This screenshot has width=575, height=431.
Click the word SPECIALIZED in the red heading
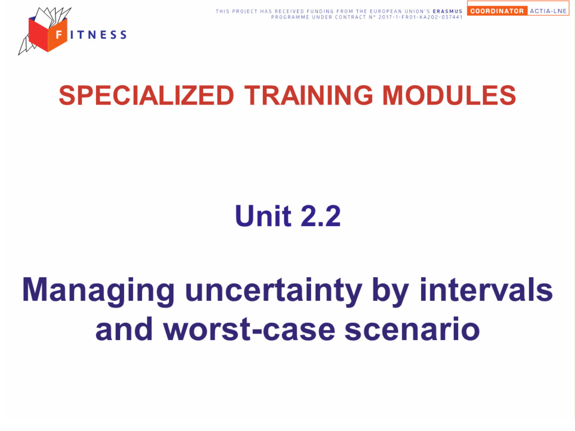146,95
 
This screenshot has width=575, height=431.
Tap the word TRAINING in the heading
308,95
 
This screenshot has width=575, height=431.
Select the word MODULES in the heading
449,95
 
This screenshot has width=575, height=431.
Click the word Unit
263,215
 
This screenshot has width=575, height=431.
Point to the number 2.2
321,215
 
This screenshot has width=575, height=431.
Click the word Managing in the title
98,292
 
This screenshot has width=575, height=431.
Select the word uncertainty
274,292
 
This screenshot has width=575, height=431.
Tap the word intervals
486,289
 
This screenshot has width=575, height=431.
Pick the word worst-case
249,329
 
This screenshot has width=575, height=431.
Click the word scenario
412,329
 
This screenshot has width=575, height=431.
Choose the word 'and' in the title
124,329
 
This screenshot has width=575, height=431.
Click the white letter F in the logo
58,34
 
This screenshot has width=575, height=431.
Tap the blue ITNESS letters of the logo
99,35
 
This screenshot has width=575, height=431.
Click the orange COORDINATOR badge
497,11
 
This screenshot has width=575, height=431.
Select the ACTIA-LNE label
548,11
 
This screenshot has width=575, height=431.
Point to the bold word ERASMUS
448,11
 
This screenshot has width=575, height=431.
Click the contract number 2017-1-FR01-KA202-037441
420,17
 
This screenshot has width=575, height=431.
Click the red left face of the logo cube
38,34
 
